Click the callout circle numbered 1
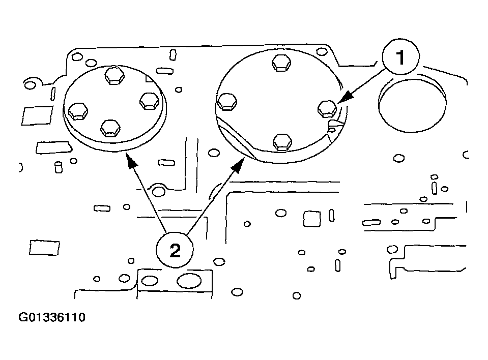click(401, 58)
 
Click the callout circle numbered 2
click(175, 250)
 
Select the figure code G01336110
click(52, 318)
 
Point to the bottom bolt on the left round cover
click(110, 128)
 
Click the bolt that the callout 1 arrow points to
click(326, 108)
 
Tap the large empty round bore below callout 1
click(412, 106)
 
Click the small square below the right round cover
click(311, 219)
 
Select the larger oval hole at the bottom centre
click(189, 280)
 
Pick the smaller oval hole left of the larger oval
click(150, 280)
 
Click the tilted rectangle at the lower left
click(38, 247)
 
